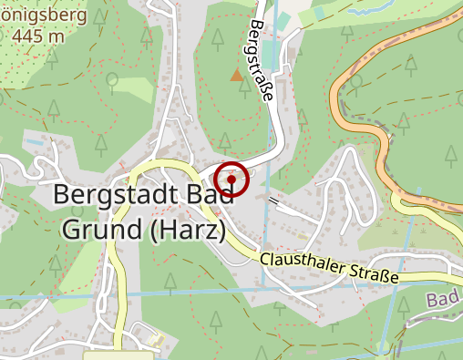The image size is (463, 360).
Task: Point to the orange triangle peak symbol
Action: [x=237, y=76]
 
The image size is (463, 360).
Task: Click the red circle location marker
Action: [x=232, y=179]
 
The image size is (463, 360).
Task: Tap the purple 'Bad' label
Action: [x=443, y=300]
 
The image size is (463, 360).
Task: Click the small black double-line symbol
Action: [x=273, y=198]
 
